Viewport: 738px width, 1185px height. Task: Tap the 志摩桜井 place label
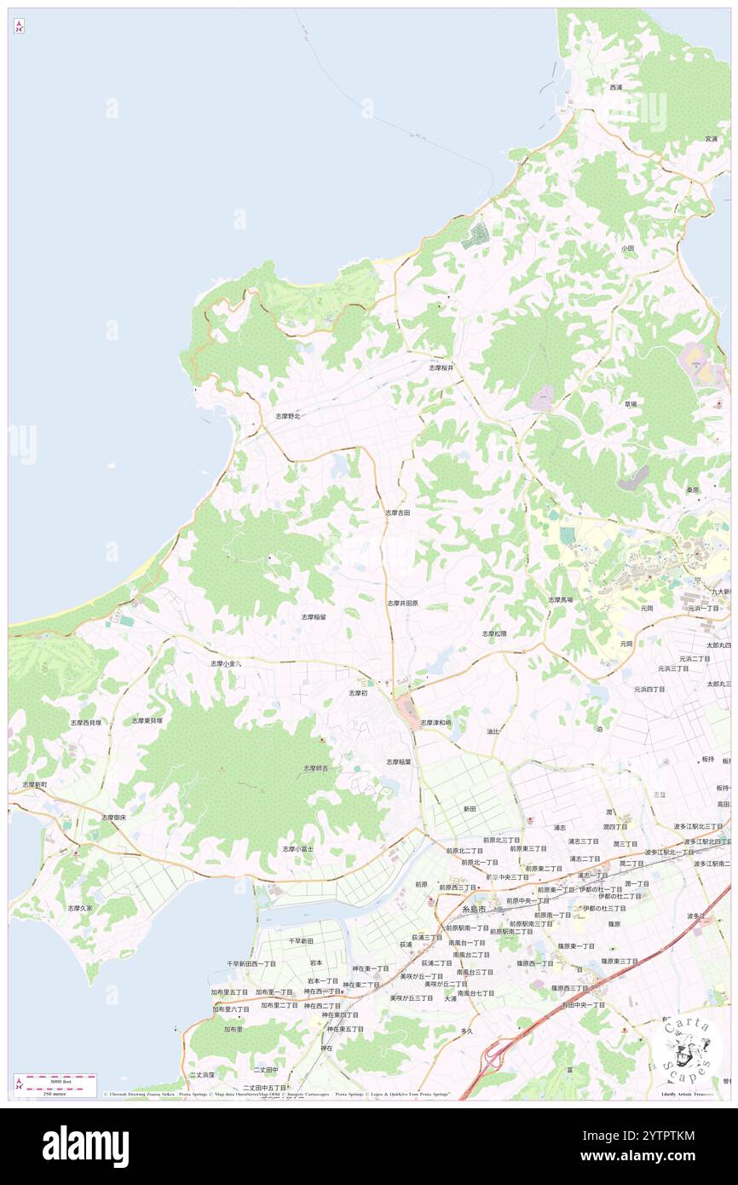(441, 367)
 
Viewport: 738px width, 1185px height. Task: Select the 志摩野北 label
(288, 416)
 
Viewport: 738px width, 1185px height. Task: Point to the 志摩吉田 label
(397, 513)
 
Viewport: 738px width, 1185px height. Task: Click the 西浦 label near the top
(615, 87)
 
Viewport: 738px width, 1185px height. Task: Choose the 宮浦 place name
(711, 138)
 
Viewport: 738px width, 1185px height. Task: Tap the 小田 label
(627, 248)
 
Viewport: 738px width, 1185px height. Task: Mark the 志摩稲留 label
(313, 616)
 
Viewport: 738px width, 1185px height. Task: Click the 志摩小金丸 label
(226, 662)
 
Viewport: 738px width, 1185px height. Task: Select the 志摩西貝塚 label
(85, 722)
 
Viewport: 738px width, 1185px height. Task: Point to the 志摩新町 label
(34, 783)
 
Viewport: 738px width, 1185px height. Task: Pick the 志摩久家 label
(80, 908)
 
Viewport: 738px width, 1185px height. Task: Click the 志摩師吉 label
(316, 768)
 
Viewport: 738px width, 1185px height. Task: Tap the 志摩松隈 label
(494, 633)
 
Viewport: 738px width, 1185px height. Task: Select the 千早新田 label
(301, 940)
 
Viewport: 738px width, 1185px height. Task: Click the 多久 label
(466, 1031)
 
